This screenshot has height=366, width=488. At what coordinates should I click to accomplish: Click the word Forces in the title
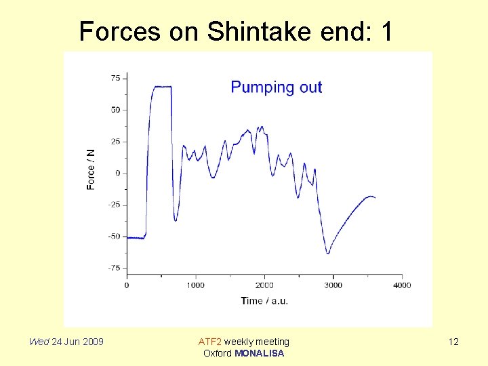coord(119,31)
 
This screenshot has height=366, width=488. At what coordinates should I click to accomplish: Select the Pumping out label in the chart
coord(277,87)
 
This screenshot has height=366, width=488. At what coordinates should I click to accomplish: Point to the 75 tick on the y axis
coord(115,78)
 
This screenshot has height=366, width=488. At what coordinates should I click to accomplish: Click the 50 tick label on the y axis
coord(115,110)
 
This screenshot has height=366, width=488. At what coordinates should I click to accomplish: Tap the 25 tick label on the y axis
coord(115,142)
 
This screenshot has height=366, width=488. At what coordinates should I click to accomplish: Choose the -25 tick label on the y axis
coord(114,205)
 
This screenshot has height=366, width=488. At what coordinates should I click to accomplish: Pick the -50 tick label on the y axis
coord(114,237)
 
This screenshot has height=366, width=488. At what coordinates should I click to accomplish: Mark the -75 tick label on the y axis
coord(114,268)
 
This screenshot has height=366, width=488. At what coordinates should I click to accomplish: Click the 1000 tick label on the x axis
coord(195,285)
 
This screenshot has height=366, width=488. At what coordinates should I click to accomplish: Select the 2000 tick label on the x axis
coord(264,285)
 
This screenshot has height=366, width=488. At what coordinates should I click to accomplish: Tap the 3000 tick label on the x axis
coord(333,285)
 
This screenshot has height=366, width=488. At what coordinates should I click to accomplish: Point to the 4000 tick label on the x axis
coord(402,285)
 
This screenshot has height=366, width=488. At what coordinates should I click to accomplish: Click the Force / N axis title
coord(91,169)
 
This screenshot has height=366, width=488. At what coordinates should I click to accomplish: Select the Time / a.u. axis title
coord(264,301)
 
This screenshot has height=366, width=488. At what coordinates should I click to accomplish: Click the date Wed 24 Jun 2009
coord(66,342)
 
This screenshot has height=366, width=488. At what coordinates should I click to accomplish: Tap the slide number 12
coord(453,342)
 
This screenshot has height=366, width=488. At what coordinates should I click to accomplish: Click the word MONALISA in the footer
coord(259,353)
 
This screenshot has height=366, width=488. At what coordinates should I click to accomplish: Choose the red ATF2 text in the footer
coord(209,342)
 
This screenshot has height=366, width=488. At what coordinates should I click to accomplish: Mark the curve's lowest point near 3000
coord(328,253)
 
